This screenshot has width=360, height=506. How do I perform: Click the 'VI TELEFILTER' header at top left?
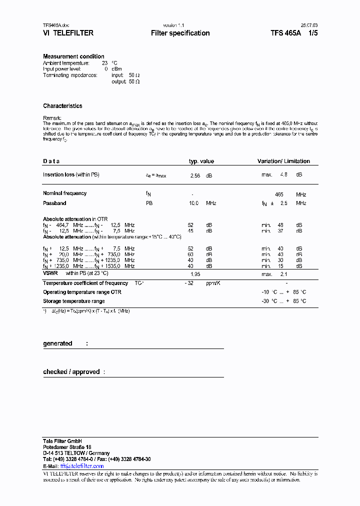pyautogui.click(x=68, y=33)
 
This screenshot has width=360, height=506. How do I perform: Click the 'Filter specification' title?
pyautogui.click(x=180, y=33)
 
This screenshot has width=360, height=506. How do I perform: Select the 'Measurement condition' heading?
pyautogui.click(x=73, y=56)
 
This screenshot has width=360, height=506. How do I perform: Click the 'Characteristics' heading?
pyautogui.click(x=62, y=106)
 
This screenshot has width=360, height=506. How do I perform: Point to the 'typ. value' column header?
pyautogui.click(x=201, y=161)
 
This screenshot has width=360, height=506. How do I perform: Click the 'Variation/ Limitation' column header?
pyautogui.click(x=283, y=161)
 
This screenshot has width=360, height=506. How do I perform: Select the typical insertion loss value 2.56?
pyautogui.click(x=195, y=175)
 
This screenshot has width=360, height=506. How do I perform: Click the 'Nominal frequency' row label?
pyautogui.click(x=64, y=193)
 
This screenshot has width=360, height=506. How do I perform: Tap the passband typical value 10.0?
pyautogui.click(x=193, y=203)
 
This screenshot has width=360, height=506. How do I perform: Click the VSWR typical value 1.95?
pyautogui.click(x=195, y=274)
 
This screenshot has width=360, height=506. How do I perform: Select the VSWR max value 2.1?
pyautogui.click(x=283, y=274)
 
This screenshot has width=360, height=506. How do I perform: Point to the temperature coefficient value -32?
pyautogui.click(x=189, y=283)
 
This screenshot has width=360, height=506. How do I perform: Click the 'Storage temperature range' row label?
pyautogui.click(x=73, y=301)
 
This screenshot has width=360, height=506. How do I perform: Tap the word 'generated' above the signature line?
pyautogui.click(x=57, y=343)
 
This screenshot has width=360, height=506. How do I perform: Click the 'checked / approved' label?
pyautogui.click(x=71, y=372)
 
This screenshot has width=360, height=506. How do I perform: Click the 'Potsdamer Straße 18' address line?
pyautogui.click(x=67, y=447)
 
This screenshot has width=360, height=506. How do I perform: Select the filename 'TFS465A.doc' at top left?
pyautogui.click(x=55, y=25)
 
